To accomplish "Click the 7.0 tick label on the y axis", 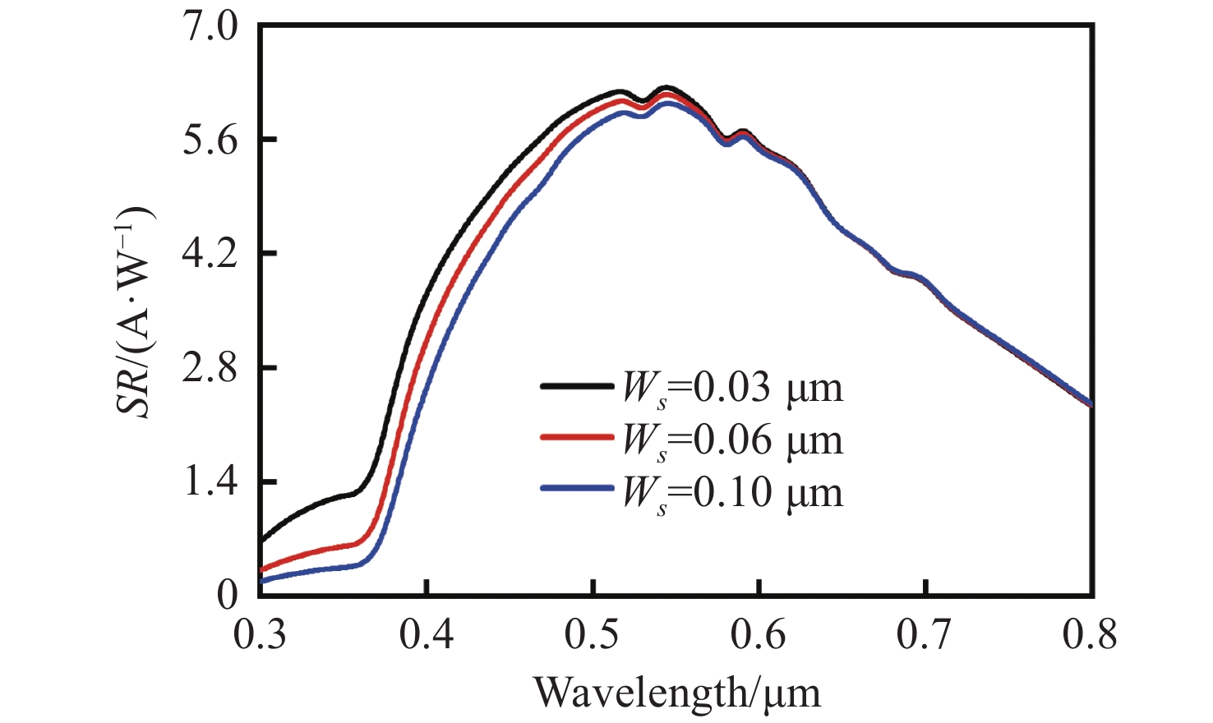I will pos(210,27).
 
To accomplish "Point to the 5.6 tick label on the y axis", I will pos(210,140).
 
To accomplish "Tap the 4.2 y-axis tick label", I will pos(210,254).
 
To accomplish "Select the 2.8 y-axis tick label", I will pos(210,367).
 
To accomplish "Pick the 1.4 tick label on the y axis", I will pos(210,481).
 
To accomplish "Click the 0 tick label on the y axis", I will pos(227,594).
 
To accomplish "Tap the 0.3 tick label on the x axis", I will pos(261,635).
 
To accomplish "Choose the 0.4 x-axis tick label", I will pos(427,635).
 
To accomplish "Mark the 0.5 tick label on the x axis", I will pos(593,635).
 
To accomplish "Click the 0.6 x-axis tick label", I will pos(759,635).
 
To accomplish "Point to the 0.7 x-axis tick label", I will pos(925,635).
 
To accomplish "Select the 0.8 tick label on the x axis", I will pos(1091,635).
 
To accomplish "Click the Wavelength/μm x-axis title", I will pos(677,692).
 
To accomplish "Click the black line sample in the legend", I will pos(577,385).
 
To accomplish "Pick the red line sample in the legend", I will pos(577,437).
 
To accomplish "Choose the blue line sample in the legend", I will pos(577,489).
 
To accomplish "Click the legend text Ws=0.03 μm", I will pos(732,387).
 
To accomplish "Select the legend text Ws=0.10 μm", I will pos(732,491).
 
